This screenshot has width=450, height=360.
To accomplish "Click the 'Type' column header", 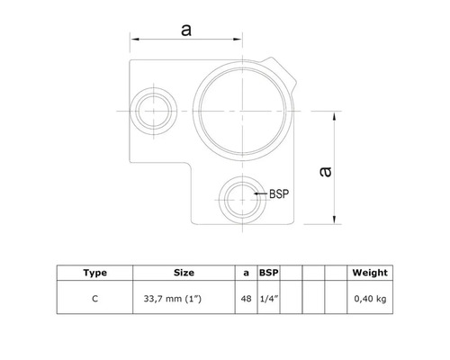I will coord(95,273).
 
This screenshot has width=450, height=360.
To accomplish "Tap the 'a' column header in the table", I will coord(247,273).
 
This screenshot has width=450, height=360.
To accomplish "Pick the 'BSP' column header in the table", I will coord(268,273).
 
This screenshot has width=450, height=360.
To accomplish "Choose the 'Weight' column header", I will coord(369,273).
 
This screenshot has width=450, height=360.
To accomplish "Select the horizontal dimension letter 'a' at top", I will coord(187,29).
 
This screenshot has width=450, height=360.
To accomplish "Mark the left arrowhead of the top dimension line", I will coord(135,40).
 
